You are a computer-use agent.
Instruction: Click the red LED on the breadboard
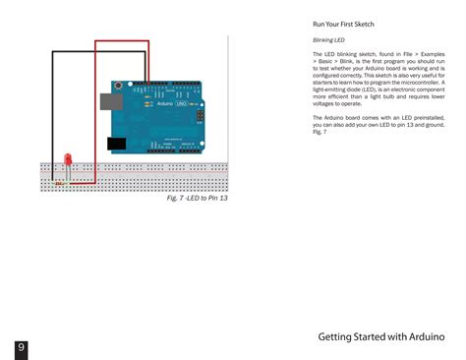tap(67, 159)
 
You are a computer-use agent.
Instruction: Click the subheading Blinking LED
tap(328, 40)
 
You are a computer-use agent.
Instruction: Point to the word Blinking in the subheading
tap(321, 40)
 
